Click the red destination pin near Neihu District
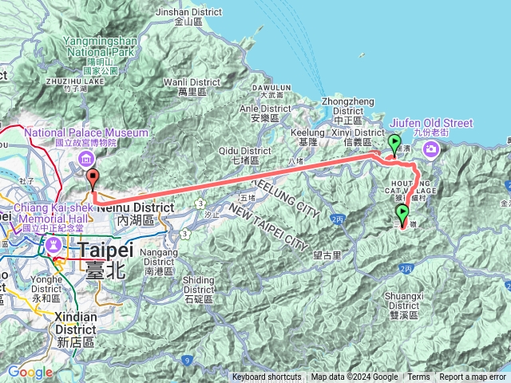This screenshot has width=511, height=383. [x=93, y=179]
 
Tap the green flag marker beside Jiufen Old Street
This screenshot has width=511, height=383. [x=394, y=144]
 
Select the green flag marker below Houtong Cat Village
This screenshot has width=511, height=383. [x=402, y=213]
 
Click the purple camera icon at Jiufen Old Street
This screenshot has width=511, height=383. [x=431, y=148]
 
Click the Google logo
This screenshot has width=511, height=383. [x=30, y=372]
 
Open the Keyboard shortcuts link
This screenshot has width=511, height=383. [x=267, y=377]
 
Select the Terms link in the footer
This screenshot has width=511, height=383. [x=418, y=377]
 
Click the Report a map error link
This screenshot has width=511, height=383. [x=473, y=377]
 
